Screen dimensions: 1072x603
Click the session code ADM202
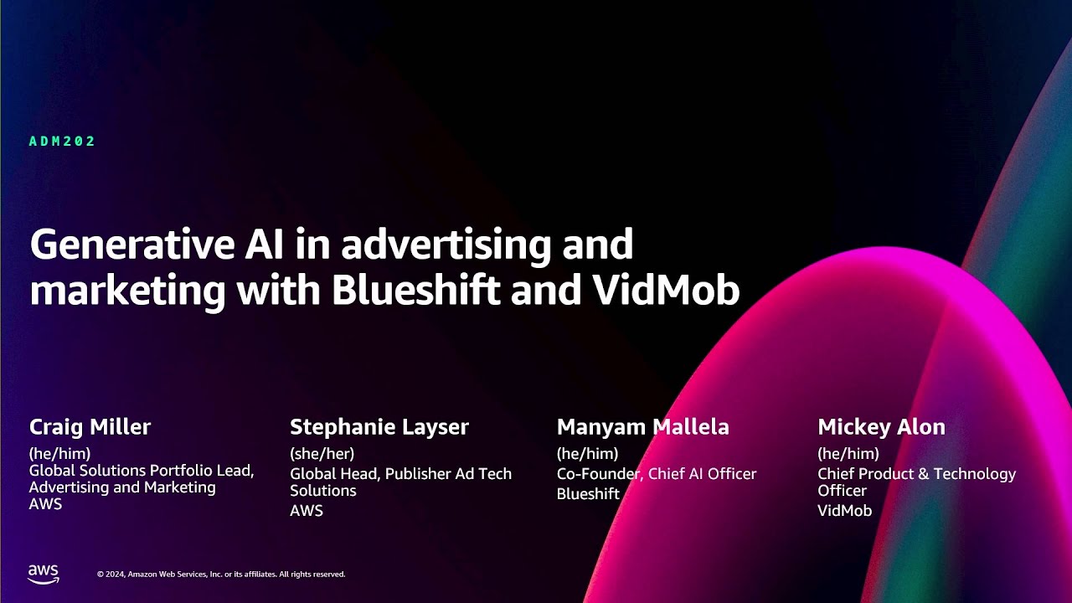[62, 142]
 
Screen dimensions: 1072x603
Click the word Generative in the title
[132, 244]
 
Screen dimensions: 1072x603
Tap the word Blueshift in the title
[416, 290]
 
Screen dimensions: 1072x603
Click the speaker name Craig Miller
[90, 427]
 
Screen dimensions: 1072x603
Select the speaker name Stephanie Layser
[379, 427]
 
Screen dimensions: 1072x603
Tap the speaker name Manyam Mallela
[642, 427]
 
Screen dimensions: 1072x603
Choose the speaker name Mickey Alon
[882, 427]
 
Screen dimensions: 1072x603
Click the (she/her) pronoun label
[322, 453]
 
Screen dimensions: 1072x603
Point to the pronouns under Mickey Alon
[848, 453]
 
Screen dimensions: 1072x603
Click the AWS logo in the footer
[44, 574]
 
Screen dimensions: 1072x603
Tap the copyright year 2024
[115, 575]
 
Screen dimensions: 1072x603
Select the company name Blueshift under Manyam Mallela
[588, 494]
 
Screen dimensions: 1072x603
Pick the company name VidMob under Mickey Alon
[845, 511]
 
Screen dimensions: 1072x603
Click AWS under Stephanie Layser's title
[307, 511]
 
